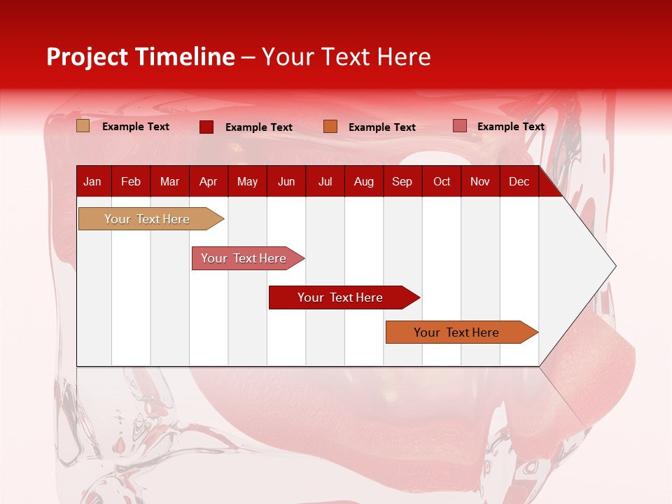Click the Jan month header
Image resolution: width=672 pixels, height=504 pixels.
(92, 182)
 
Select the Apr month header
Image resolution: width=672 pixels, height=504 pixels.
(208, 182)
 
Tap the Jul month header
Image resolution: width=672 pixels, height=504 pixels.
(325, 182)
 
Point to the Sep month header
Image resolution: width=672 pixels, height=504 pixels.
(402, 182)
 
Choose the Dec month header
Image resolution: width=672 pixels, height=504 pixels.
(519, 182)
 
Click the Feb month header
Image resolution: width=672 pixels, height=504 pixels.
(131, 182)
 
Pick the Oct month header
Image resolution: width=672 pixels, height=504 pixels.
(442, 182)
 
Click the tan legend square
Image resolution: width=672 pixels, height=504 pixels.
(83, 126)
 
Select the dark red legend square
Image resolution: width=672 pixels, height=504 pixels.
(206, 127)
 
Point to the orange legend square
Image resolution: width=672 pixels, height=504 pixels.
(330, 127)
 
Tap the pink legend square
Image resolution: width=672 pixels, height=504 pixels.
(459, 126)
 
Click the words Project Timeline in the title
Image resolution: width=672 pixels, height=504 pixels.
(141, 57)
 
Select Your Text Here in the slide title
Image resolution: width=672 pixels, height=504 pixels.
(346, 57)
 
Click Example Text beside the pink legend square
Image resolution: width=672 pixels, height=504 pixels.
(510, 127)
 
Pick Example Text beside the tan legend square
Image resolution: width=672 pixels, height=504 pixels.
(136, 127)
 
